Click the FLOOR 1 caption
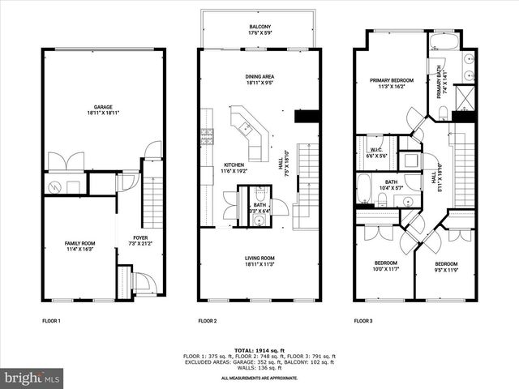(x=52, y=321)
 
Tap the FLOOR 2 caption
(x=208, y=321)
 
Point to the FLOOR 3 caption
(x=362, y=321)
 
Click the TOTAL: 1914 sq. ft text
(x=259, y=350)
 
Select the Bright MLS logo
(x=32, y=378)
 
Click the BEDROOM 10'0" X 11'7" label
(x=385, y=266)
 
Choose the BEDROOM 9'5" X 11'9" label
(x=445, y=266)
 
